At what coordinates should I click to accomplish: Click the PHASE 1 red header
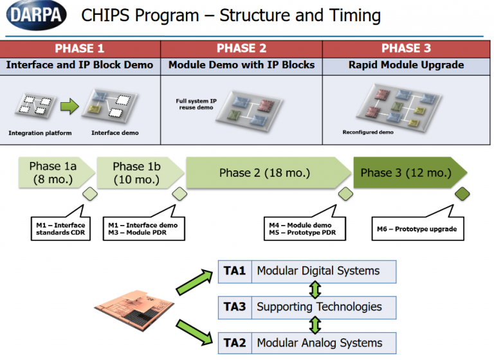[80, 49]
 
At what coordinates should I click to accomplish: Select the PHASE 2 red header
[241, 49]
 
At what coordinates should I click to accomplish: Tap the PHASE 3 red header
[406, 49]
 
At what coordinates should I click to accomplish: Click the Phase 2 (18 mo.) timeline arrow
[265, 173]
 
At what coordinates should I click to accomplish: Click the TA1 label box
[235, 271]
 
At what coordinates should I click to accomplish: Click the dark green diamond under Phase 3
[462, 194]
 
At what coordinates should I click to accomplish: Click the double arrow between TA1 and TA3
[315, 289]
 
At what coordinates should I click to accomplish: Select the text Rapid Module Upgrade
[406, 65]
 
